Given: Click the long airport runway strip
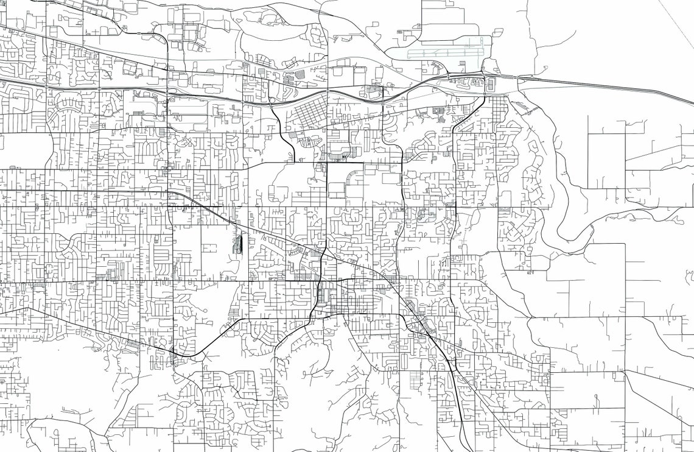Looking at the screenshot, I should pos(444,53).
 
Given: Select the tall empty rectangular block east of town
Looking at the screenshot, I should pos(606,152).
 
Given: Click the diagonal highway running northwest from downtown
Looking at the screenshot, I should pos(244,225).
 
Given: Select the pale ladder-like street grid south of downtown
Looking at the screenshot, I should pos(419,381).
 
